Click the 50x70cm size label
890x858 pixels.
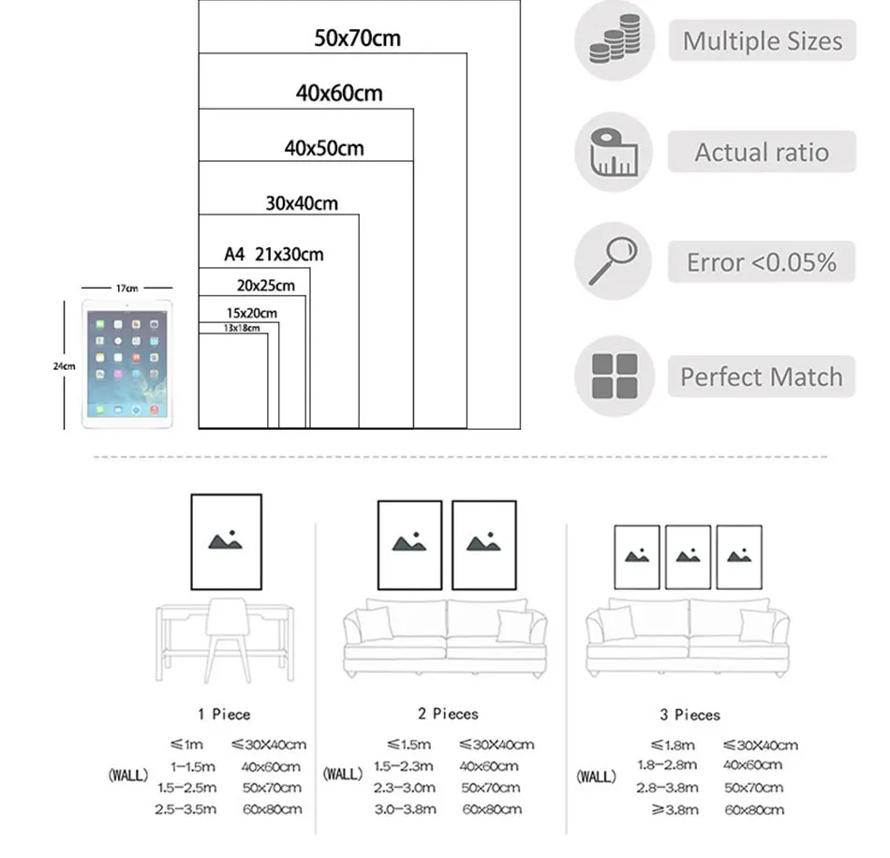357,39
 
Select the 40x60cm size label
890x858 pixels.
339,93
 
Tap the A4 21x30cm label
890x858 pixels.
274,254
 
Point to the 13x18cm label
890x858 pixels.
241,328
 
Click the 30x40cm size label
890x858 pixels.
302,203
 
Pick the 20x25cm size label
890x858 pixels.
265,286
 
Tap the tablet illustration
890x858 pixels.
127,363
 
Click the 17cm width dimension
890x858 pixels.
126,288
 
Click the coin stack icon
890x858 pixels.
614,40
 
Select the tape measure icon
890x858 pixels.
614,152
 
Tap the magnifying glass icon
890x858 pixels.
614,261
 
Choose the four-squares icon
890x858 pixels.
614,376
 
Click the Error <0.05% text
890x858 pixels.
762,262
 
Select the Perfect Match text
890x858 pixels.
762,377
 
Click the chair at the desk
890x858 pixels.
226,638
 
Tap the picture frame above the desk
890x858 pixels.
226,542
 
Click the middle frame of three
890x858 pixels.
688,557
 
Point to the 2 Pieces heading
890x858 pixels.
448,714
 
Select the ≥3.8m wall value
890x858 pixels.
675,809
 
